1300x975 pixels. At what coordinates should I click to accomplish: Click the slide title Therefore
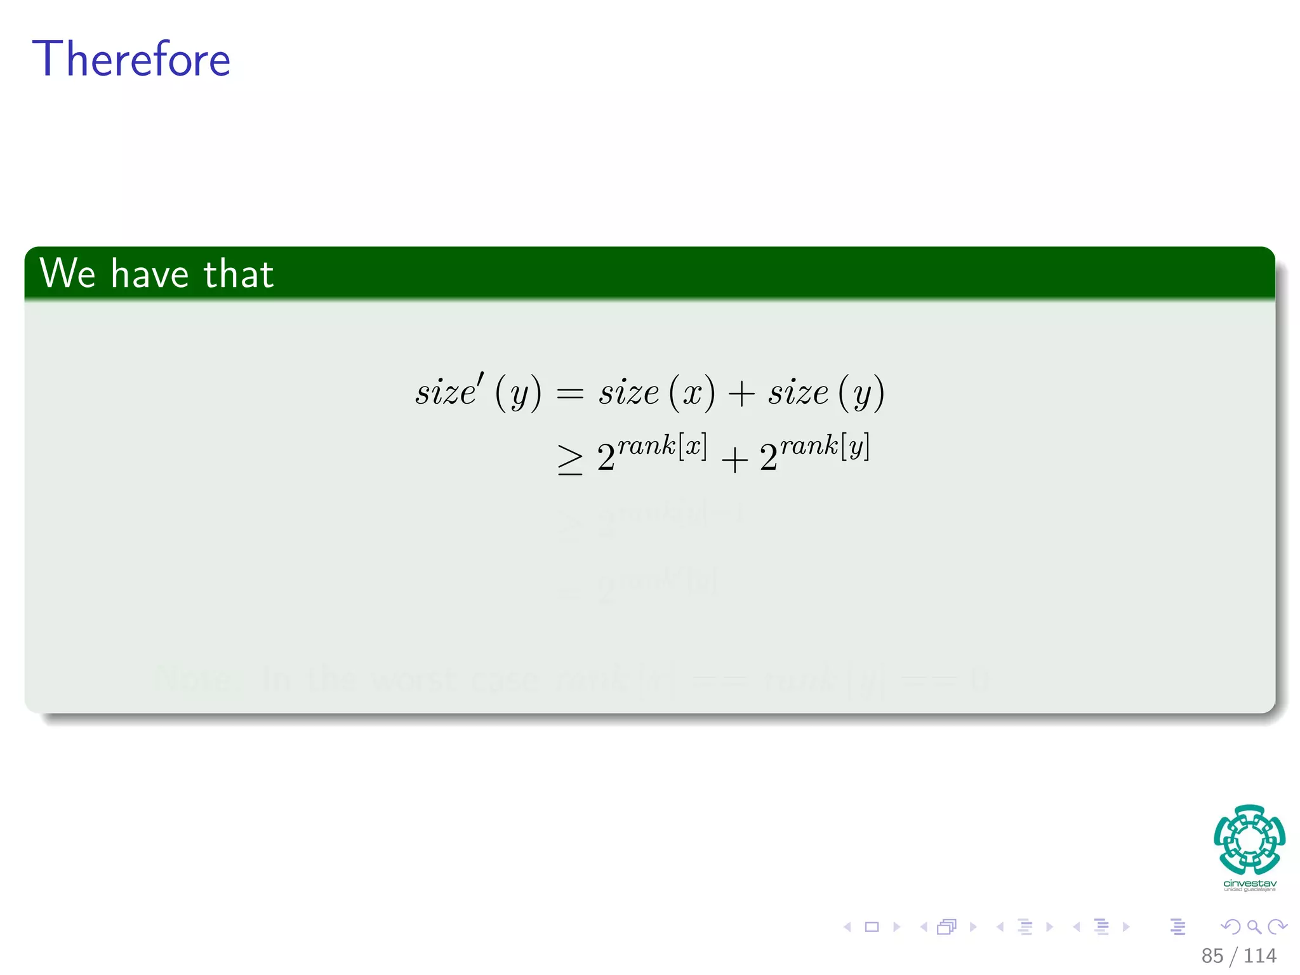(131, 59)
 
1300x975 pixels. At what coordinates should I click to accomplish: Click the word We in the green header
(67, 274)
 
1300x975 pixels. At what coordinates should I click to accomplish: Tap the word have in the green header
(150, 274)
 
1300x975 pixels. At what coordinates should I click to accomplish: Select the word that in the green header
(239, 274)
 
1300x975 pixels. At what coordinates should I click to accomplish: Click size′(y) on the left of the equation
(479, 392)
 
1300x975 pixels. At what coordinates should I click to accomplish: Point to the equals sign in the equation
(569, 394)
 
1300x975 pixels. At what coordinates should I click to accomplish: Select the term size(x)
(656, 392)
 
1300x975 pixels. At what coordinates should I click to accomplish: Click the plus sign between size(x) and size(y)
(741, 394)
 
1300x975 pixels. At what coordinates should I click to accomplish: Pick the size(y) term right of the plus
(826, 392)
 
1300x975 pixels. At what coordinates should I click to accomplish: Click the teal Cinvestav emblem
(1249, 840)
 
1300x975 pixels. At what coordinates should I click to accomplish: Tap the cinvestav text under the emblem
(1249, 884)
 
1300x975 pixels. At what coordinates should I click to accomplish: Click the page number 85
(1212, 955)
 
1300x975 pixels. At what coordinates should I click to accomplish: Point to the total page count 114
(1259, 955)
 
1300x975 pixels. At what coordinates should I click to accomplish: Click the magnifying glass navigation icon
(1254, 927)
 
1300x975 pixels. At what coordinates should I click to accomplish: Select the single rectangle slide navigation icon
(872, 927)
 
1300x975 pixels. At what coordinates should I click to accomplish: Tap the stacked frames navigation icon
(946, 927)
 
